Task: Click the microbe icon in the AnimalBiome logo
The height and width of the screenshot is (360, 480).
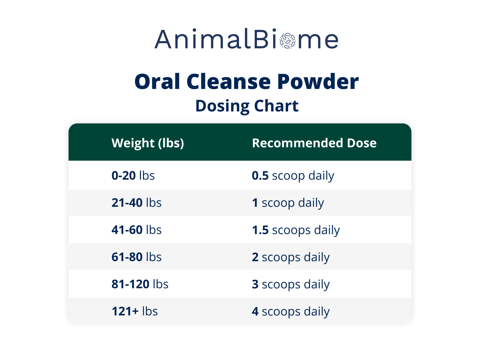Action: pos(288,41)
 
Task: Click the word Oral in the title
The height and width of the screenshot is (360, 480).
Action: pos(157,82)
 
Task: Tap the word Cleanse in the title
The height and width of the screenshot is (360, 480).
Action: pos(229,82)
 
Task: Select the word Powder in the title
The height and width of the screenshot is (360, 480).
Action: pos(318,82)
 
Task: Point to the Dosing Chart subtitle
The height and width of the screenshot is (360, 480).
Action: pos(247,106)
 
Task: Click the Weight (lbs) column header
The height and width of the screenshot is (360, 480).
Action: pos(148,143)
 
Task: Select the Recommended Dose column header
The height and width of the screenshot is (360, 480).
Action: pos(314,143)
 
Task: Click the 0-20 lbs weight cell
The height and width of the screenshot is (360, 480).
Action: pos(133,175)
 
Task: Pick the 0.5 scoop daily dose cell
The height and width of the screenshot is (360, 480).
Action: pos(293,175)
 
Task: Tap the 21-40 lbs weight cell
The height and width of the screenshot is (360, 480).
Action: pos(136,203)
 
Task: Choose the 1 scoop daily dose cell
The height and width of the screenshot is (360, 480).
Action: pos(288,203)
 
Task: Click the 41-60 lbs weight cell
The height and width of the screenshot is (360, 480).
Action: pos(136,230)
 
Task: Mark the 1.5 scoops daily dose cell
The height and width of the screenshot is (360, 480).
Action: pos(296,230)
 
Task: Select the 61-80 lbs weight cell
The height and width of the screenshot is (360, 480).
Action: pos(136,257)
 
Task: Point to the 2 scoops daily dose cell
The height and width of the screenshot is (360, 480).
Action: pos(291,257)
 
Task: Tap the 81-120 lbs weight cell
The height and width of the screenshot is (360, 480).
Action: pos(140,284)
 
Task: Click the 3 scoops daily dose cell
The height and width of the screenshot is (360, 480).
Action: pos(291,284)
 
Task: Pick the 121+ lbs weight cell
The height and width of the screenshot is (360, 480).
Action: pos(135,311)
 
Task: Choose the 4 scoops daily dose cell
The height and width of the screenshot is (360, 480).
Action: pos(291,311)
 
